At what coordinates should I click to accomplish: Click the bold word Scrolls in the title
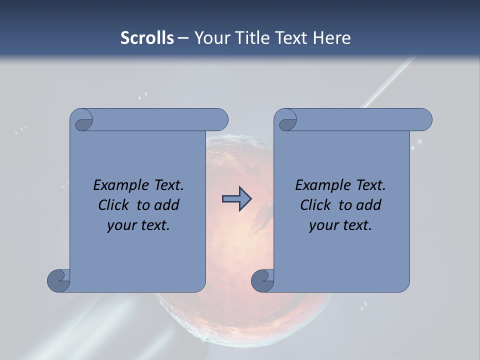(147, 38)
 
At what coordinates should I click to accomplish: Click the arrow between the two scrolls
(236, 199)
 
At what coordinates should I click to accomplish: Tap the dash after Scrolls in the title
(183, 38)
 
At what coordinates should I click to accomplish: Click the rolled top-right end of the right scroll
(421, 120)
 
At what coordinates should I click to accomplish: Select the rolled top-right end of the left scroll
(217, 120)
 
